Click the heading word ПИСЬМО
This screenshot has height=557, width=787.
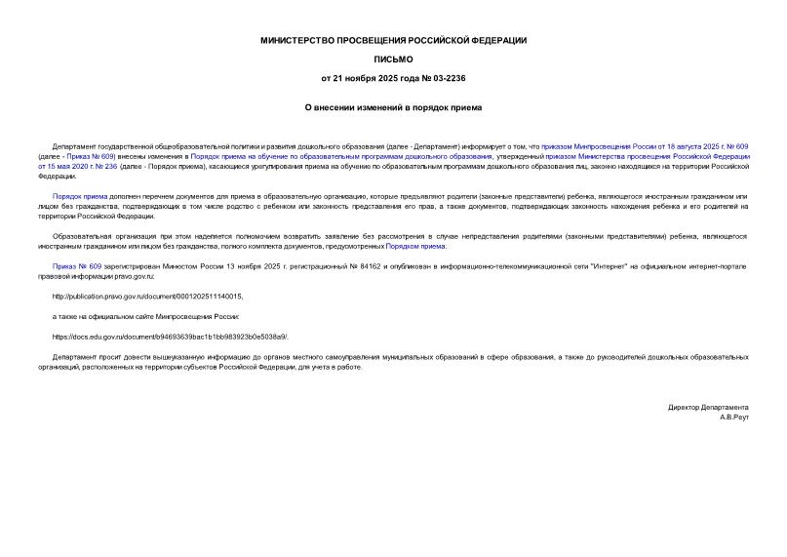coord(393,60)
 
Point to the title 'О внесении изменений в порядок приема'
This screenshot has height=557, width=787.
coord(393,108)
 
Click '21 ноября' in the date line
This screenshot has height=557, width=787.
coord(349,78)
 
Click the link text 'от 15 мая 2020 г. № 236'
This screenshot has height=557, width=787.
coord(78,167)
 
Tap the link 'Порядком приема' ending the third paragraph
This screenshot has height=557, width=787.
coord(415,247)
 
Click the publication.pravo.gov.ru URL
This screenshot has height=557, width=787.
coord(147,297)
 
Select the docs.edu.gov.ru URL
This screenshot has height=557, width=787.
coord(170,337)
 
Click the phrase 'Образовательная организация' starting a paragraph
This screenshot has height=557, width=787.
coord(98,236)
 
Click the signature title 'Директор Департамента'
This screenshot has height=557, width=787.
coord(708,407)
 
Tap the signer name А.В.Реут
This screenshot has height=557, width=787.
coord(733,417)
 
